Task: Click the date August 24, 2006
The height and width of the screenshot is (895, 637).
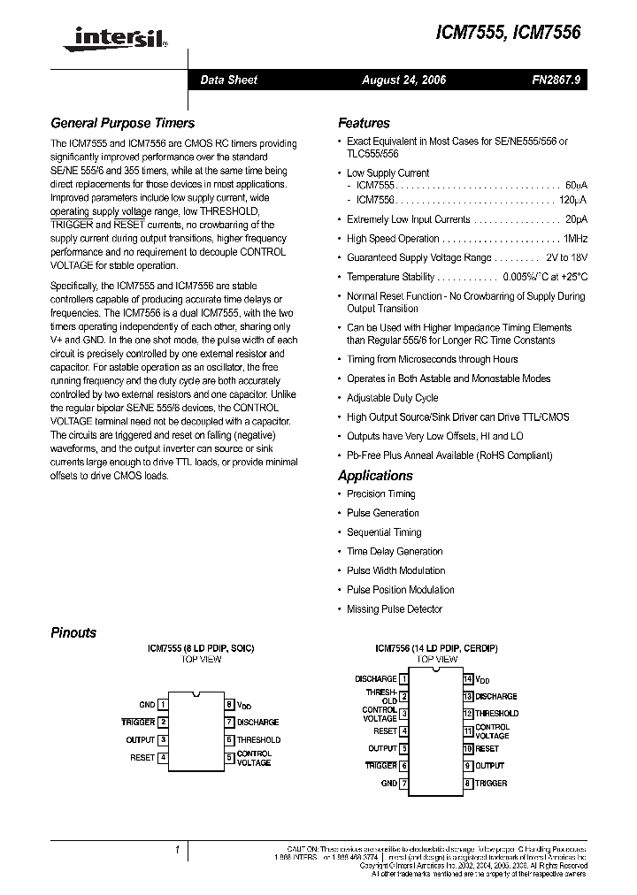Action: pyautogui.click(x=403, y=80)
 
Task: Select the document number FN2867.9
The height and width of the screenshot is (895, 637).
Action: pyautogui.click(x=556, y=80)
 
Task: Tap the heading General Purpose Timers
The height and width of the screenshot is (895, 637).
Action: pyautogui.click(x=122, y=123)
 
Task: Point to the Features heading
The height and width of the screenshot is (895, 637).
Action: pyautogui.click(x=364, y=123)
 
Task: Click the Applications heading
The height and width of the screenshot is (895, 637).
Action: pyautogui.click(x=376, y=475)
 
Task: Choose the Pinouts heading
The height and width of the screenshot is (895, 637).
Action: pyautogui.click(x=73, y=632)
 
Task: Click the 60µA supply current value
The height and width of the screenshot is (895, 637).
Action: pyautogui.click(x=575, y=187)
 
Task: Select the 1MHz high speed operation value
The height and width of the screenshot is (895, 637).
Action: pyautogui.click(x=575, y=239)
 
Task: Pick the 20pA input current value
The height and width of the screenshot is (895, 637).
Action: pyautogui.click(x=577, y=219)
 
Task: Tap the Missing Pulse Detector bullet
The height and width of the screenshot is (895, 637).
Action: pyautogui.click(x=395, y=609)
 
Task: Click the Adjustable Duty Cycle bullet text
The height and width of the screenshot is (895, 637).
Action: pyautogui.click(x=392, y=398)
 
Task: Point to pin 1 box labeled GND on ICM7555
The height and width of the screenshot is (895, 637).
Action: pyautogui.click(x=163, y=705)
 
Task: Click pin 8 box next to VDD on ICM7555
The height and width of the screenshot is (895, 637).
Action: pyautogui.click(x=228, y=705)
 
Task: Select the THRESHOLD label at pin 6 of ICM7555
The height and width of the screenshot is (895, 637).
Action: pyautogui.click(x=258, y=740)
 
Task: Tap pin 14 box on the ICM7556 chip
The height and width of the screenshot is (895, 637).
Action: pyautogui.click(x=469, y=679)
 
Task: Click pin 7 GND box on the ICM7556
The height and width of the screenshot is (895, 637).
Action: pyautogui.click(x=404, y=784)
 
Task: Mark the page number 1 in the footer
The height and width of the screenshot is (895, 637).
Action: pyautogui.click(x=177, y=850)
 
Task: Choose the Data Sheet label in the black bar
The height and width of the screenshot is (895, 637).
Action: pyautogui.click(x=228, y=80)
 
